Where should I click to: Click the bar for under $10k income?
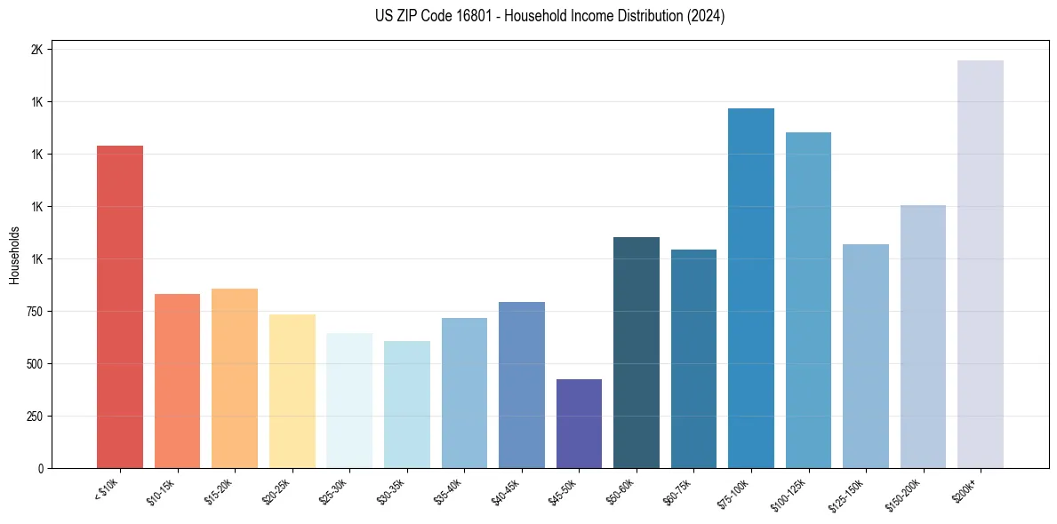(119, 306)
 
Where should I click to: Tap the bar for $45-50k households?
(579, 424)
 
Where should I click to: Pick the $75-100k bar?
(750, 288)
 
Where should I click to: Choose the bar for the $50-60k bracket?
(636, 353)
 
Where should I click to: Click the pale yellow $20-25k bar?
(292, 391)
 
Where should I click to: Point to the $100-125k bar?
(808, 300)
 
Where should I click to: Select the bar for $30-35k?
(406, 404)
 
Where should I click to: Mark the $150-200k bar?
(923, 337)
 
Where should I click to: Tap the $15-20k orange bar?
(235, 378)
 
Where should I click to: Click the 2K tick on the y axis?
(36, 50)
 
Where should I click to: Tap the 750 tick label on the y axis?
(34, 312)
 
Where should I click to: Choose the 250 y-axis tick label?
(34, 417)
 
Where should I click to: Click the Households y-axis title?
(14, 255)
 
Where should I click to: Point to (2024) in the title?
(706, 16)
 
